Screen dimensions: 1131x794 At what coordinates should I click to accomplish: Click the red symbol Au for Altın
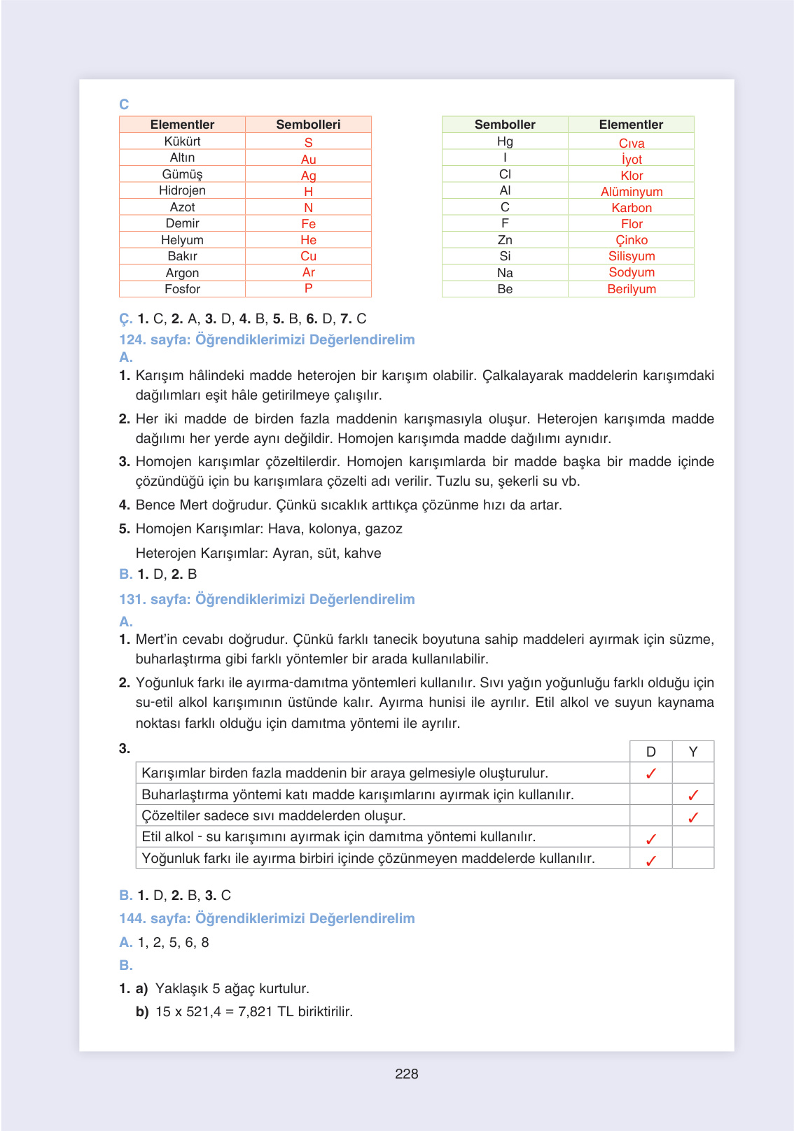[x=308, y=159]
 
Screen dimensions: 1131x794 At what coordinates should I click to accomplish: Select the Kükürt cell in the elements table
[x=182, y=141]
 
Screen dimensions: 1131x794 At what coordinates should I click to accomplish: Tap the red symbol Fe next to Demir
[x=308, y=224]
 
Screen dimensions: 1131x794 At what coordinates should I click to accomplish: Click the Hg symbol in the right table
[x=505, y=141]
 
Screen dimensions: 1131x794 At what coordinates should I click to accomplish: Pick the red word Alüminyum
[x=631, y=192]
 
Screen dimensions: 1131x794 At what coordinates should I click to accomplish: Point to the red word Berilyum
[x=631, y=289]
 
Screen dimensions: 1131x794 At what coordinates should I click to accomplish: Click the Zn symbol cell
[x=505, y=240]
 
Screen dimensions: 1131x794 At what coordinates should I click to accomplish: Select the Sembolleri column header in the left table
[x=308, y=125]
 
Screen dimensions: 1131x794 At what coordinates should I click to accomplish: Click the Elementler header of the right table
[x=630, y=125]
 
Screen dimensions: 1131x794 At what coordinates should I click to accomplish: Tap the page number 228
[x=406, y=1074]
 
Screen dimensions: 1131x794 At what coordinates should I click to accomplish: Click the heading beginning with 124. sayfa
[x=267, y=339]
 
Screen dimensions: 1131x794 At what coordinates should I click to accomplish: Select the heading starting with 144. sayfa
[x=267, y=918]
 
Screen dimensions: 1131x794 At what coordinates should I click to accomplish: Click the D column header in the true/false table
[x=650, y=752]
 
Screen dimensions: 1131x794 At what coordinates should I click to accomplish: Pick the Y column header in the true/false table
[x=692, y=752]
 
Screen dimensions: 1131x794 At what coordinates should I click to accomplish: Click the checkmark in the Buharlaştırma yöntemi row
[x=692, y=795]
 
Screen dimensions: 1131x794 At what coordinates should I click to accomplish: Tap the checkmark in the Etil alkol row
[x=650, y=838]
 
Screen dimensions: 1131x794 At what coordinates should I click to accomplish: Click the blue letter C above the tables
[x=124, y=104]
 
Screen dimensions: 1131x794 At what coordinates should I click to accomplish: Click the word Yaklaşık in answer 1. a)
[x=181, y=988]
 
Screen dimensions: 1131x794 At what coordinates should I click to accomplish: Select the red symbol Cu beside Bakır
[x=308, y=256]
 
